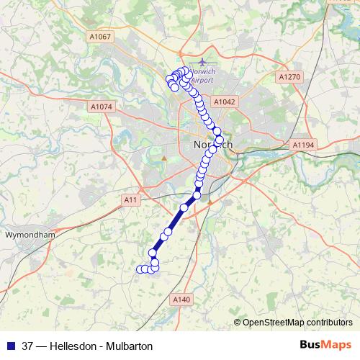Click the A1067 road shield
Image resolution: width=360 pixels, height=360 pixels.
point(102,37)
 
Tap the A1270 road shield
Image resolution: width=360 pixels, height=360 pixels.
point(289,76)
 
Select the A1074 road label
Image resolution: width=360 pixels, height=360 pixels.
point(102,107)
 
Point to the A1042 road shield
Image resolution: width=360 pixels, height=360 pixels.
point(225,102)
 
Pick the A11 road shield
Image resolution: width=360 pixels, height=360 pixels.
point(130,199)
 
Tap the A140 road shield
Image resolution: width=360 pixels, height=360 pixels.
point(181,299)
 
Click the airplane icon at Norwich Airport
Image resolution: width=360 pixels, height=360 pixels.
point(202,62)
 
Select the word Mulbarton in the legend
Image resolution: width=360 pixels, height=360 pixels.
point(130,346)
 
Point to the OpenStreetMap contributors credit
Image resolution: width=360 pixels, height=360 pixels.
point(297,322)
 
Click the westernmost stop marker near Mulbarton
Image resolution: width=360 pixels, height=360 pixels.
point(140,269)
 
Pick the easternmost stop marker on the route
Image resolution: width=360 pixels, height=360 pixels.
point(220,140)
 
